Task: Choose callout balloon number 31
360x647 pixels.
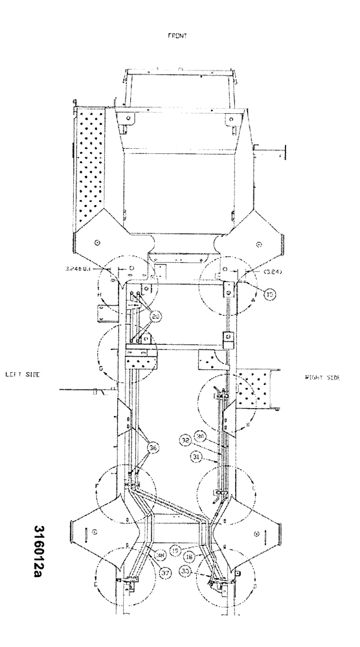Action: (x=196, y=457)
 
